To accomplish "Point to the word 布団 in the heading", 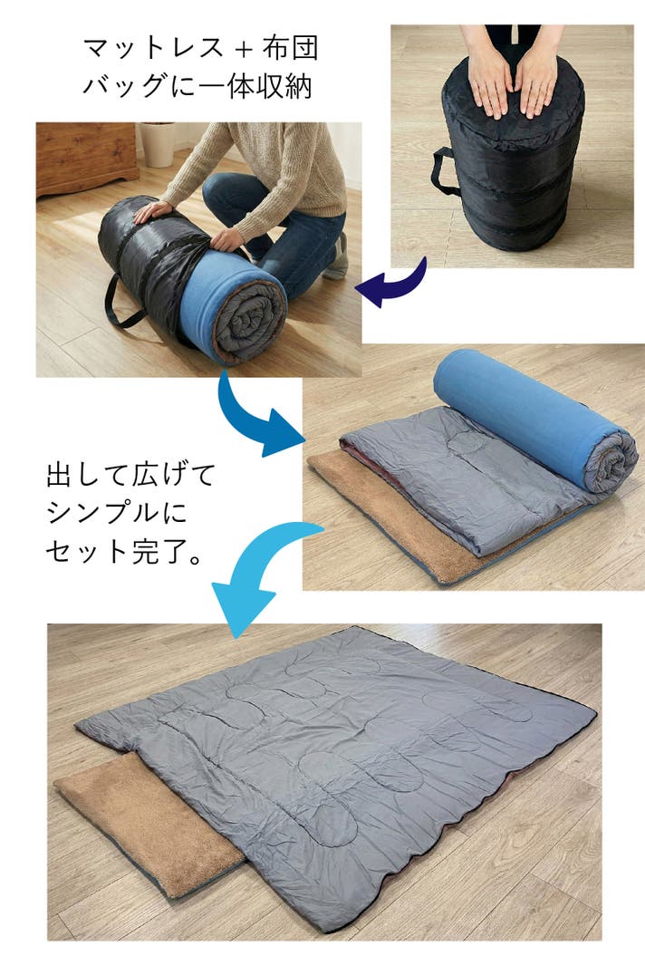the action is tap(291, 47).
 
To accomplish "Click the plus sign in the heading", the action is tap(243, 49).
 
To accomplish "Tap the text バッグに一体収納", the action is tap(198, 86).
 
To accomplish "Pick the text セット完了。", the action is tap(124, 551).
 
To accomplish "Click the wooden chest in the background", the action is tap(86, 158).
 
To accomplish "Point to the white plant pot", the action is tap(158, 144).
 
